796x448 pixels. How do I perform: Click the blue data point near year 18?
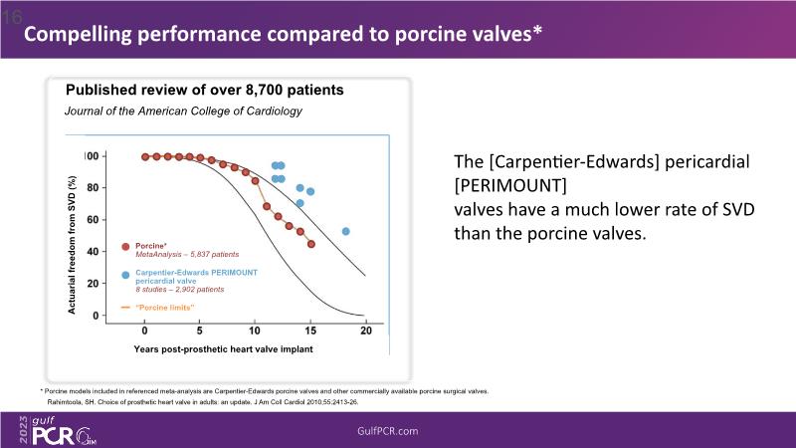coord(345,231)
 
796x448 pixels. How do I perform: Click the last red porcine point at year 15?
coord(311,244)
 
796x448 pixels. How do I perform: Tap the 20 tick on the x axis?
coord(365,331)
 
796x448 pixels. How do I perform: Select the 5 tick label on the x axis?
coord(200,331)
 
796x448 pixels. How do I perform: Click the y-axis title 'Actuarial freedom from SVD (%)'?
coord(72,245)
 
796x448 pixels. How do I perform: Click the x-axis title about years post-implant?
coord(217,349)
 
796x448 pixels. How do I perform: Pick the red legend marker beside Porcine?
coord(125,246)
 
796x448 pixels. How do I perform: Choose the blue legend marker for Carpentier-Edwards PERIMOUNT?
coord(125,275)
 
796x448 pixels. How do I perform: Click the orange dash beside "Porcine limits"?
coord(125,308)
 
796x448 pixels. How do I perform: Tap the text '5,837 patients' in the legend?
coord(208,255)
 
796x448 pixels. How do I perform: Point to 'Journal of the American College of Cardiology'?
coord(183,111)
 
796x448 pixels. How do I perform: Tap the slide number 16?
coord(12,16)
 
